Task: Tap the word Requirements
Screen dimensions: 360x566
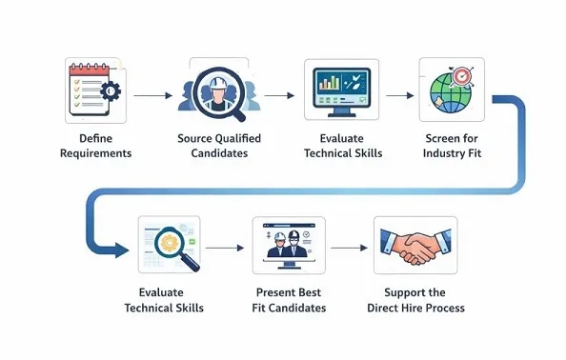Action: point(95,153)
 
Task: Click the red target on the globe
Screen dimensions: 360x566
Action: point(462,75)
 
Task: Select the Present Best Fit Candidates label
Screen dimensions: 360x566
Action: point(291,300)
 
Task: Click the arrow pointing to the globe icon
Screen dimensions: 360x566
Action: point(400,95)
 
